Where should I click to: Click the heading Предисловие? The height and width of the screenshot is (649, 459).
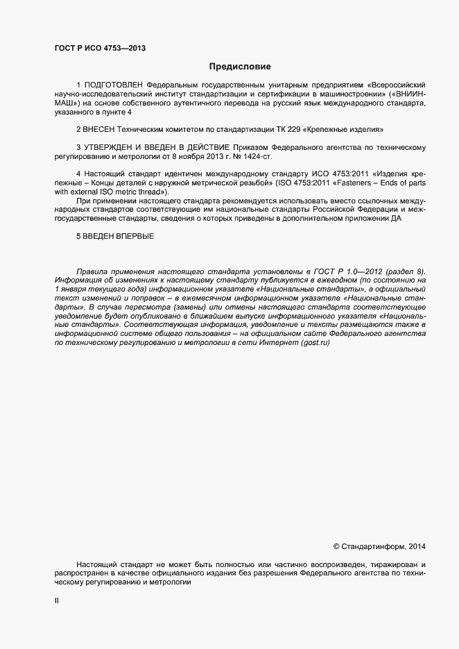[x=240, y=67]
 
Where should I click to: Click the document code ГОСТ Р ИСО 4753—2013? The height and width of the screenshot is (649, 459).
[x=100, y=48]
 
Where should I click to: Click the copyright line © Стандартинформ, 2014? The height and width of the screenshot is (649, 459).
[x=380, y=546]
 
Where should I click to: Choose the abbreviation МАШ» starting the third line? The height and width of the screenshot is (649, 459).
[x=66, y=102]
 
